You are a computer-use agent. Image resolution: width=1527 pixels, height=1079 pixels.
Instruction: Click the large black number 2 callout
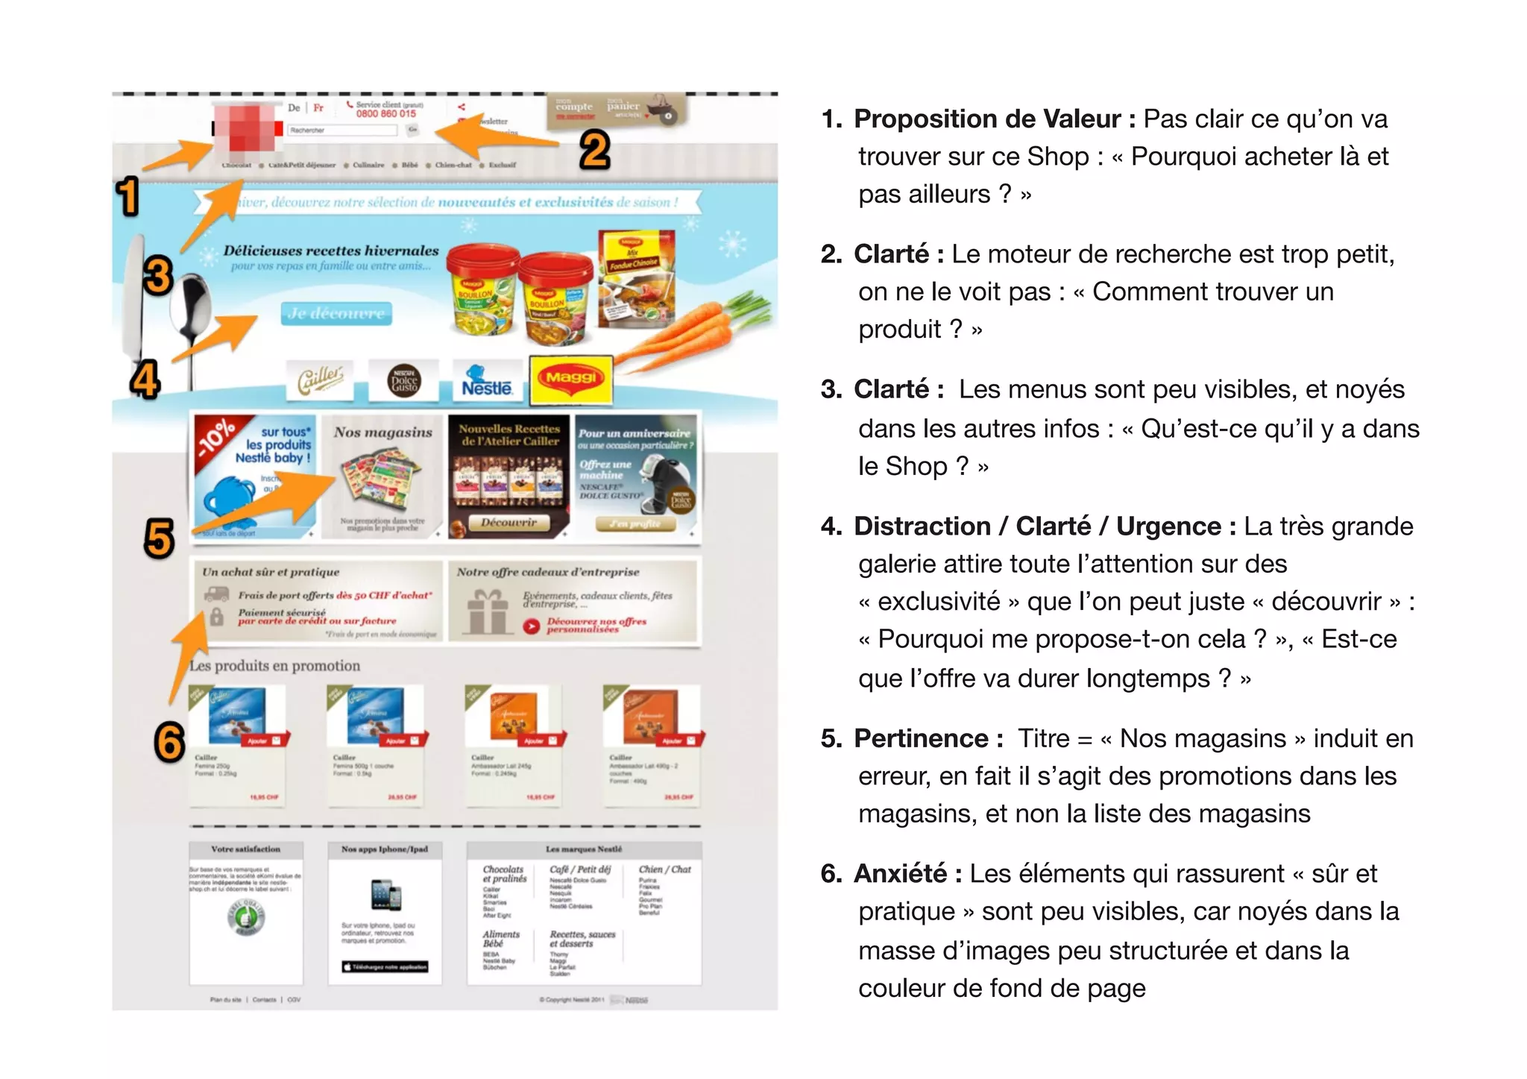[594, 150]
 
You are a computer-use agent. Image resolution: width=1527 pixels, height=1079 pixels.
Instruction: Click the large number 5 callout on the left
[160, 538]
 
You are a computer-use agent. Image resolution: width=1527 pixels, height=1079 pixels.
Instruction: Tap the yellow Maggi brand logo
[570, 380]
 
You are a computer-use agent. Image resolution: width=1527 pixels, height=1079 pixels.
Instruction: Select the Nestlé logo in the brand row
[486, 381]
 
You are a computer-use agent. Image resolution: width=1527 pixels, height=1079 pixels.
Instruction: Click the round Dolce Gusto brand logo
[405, 381]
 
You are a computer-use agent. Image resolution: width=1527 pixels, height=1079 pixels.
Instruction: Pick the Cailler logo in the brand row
[321, 380]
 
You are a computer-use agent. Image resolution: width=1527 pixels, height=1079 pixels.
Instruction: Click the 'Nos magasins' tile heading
[382, 432]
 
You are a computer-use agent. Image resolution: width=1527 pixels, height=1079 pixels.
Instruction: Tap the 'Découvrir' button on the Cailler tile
[509, 523]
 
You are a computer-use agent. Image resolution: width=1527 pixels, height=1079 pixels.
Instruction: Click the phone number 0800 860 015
[385, 114]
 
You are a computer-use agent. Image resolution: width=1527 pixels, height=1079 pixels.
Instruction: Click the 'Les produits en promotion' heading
[274, 666]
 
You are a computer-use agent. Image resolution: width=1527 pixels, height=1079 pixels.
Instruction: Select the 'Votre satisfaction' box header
[246, 849]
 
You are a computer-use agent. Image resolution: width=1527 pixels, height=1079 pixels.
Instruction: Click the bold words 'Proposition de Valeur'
[987, 119]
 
